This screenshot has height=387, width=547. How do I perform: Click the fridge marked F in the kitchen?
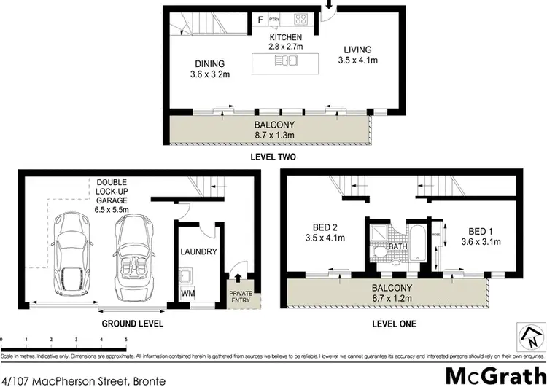260,18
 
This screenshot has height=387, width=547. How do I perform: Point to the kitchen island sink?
284,62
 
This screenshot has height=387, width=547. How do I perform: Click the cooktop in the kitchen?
302,18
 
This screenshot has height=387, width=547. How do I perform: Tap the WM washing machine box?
188,293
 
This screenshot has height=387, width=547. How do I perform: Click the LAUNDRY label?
198,251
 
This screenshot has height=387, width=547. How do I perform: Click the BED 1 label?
479,237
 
